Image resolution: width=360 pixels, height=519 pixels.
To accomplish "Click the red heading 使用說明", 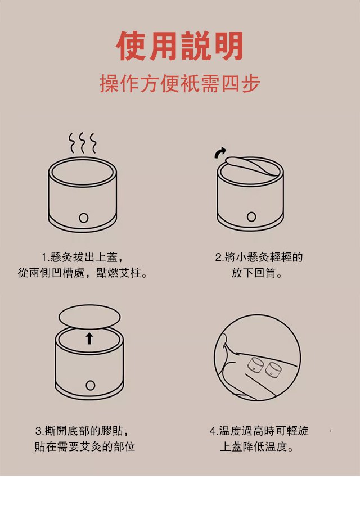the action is pyautogui.click(x=180, y=46).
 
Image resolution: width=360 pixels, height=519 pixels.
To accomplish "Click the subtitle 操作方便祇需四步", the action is pyautogui.click(x=180, y=84).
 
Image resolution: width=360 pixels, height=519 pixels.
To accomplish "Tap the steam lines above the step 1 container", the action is pyautogui.click(x=83, y=143).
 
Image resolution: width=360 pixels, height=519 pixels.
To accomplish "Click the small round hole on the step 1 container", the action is pyautogui.click(x=83, y=218).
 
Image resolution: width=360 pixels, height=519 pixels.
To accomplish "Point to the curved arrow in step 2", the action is pyautogui.click(x=219, y=152).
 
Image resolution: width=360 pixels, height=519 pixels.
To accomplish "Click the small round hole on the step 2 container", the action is pyautogui.click(x=251, y=216).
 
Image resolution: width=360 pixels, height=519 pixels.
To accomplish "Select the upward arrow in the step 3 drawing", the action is pyautogui.click(x=89, y=339).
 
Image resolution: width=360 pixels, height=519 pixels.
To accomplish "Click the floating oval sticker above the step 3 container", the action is pyautogui.click(x=89, y=317).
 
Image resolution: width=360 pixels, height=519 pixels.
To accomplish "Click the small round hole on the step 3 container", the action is pyautogui.click(x=90, y=385).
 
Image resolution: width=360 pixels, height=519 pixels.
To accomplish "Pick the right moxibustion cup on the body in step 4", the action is pyautogui.click(x=273, y=370).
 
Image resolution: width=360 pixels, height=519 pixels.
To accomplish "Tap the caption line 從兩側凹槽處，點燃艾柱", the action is pyautogui.click(x=83, y=273).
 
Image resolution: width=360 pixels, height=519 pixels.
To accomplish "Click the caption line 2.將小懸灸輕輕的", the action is pyautogui.click(x=259, y=257).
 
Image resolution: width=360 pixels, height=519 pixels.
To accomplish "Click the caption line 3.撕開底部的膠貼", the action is pyautogui.click(x=82, y=431).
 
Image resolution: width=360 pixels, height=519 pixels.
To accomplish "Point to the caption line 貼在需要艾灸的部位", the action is pyautogui.click(x=85, y=446).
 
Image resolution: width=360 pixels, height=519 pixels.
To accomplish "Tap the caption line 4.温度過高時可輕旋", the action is pyautogui.click(x=259, y=431).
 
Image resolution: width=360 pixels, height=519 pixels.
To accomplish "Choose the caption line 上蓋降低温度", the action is pyautogui.click(x=257, y=446).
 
